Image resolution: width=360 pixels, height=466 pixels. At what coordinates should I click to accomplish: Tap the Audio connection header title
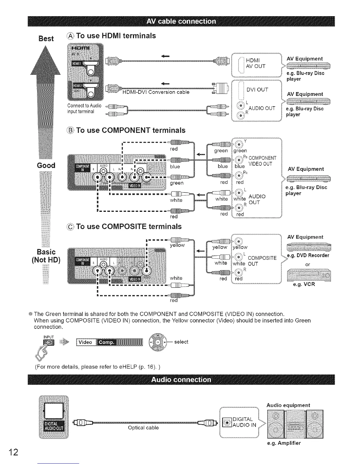181,379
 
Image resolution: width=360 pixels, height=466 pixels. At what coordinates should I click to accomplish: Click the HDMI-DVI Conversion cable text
156,92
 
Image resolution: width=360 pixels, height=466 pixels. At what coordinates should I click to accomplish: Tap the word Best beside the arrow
46,39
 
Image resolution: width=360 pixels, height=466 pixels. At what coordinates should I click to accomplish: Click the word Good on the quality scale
46,165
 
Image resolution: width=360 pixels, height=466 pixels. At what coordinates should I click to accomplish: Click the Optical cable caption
143,428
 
